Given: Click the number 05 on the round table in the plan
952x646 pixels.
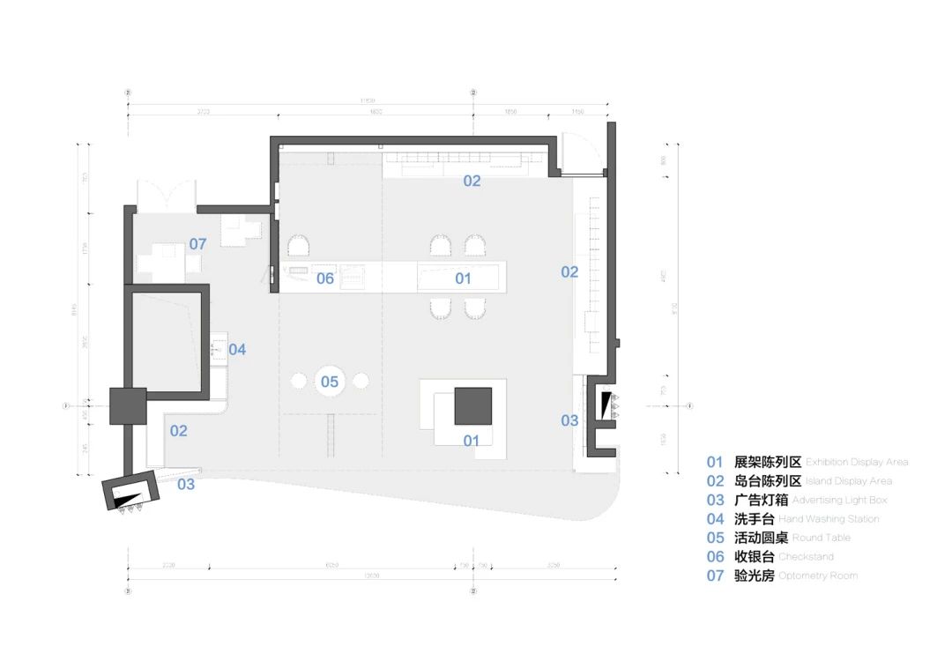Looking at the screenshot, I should (x=330, y=382).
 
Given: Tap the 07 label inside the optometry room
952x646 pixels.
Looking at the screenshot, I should (x=197, y=243).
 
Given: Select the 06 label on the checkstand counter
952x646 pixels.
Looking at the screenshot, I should (x=325, y=278).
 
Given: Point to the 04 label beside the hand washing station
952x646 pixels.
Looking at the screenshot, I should (x=237, y=349).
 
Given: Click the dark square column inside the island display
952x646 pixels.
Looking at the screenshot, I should (x=474, y=405).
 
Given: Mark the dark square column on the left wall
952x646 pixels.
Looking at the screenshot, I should (x=127, y=405).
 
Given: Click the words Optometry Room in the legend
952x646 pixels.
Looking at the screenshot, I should (x=818, y=575).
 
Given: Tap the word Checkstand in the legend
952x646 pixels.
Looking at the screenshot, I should (x=806, y=557).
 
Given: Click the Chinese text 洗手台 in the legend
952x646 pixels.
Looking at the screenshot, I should (x=754, y=519).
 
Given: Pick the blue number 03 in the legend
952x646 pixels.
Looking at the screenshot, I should (x=714, y=500).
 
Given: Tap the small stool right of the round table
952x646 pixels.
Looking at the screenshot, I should (x=361, y=381).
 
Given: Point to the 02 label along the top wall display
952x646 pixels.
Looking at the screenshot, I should (x=472, y=181).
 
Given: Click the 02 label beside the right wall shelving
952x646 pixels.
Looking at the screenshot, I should (x=569, y=271).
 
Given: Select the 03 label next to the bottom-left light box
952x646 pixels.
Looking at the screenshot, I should (x=186, y=483).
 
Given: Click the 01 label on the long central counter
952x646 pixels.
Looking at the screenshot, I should (x=463, y=278).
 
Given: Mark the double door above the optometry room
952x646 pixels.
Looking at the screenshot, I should (x=166, y=194).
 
